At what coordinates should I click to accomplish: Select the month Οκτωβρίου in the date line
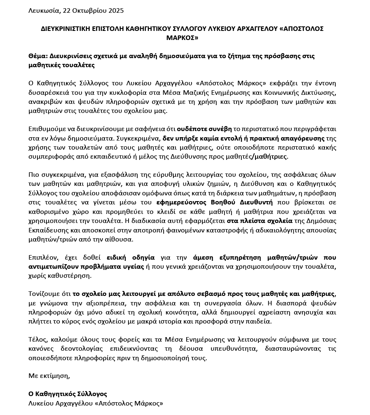88,10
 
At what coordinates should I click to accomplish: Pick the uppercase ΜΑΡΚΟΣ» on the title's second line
182,38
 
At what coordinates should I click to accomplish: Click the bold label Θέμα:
38,56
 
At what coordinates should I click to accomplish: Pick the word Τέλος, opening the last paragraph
37,340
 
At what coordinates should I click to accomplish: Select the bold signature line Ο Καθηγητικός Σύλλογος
68,394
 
